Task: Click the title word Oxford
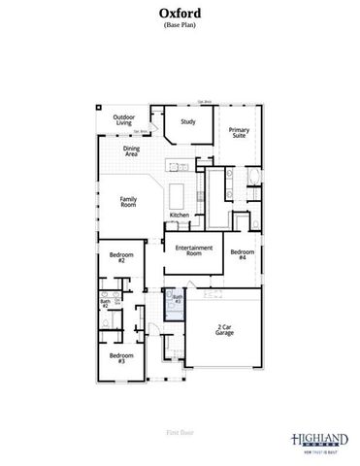click(x=180, y=13)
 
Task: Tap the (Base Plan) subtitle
click(x=180, y=25)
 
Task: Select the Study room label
click(x=188, y=122)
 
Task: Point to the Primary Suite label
click(x=238, y=132)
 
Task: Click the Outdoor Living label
click(x=123, y=118)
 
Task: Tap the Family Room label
click(x=127, y=202)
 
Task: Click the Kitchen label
click(x=179, y=215)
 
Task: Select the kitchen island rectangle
click(x=180, y=188)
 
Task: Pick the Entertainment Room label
click(x=194, y=250)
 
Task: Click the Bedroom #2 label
click(x=121, y=258)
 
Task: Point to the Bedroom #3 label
click(x=120, y=358)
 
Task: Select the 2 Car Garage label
click(x=225, y=330)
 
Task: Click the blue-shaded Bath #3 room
click(x=176, y=305)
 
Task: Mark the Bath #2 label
click(x=105, y=304)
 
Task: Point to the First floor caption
click(x=180, y=429)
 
